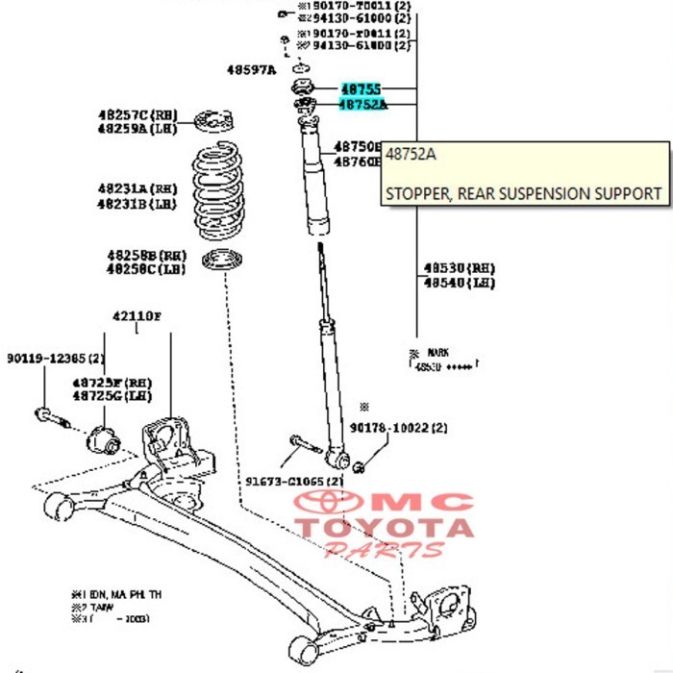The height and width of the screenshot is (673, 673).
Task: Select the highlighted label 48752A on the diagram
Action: (361, 104)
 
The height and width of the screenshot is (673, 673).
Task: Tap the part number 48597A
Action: (251, 69)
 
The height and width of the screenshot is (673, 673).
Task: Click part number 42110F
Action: (137, 315)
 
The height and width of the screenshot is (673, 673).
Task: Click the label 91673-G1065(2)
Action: (294, 480)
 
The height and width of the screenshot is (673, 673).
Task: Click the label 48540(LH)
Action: (460, 283)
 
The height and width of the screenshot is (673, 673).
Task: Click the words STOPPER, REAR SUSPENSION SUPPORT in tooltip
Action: (523, 193)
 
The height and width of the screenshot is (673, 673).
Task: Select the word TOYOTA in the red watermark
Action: (384, 527)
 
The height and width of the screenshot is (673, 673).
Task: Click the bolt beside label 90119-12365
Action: (52, 417)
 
